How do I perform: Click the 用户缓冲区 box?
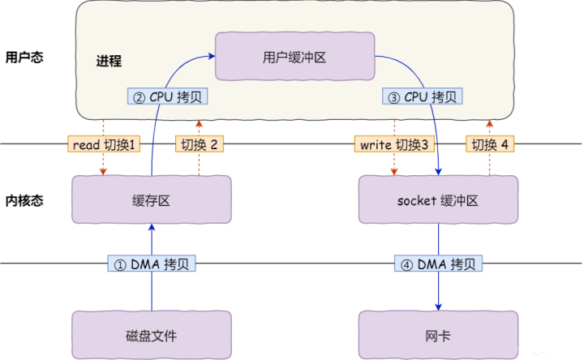tap(294, 57)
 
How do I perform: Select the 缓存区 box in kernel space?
tap(152, 200)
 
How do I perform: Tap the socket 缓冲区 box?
tap(439, 200)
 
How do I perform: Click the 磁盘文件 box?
tap(152, 335)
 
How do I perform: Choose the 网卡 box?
tap(439, 335)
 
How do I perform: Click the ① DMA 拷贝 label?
tap(152, 264)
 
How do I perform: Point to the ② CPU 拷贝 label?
tap(169, 96)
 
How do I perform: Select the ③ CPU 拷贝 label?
tap(422, 96)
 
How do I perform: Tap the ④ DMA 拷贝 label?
tap(439, 264)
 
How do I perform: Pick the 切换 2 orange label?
tap(199, 144)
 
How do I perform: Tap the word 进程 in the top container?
tap(108, 62)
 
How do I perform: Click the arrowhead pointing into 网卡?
tap(439, 306)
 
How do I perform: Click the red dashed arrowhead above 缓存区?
tap(103, 173)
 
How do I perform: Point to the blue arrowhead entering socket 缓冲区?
tap(439, 172)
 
